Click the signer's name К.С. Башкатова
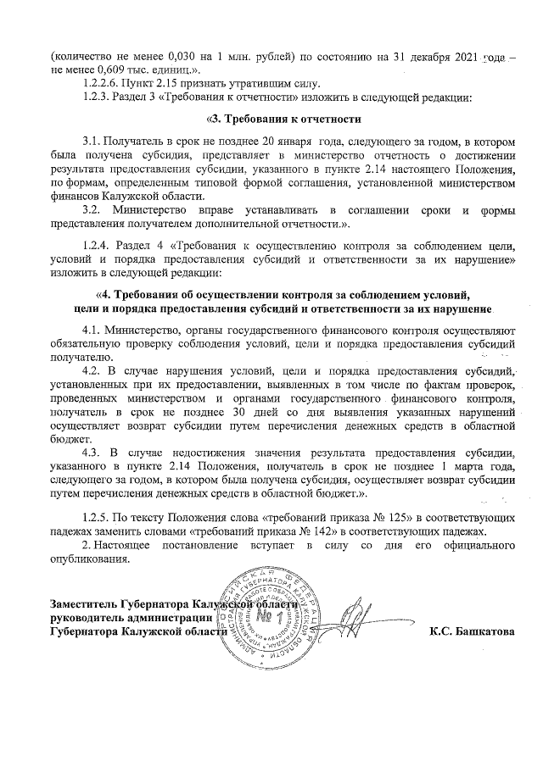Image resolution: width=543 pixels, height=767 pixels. coord(473,631)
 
